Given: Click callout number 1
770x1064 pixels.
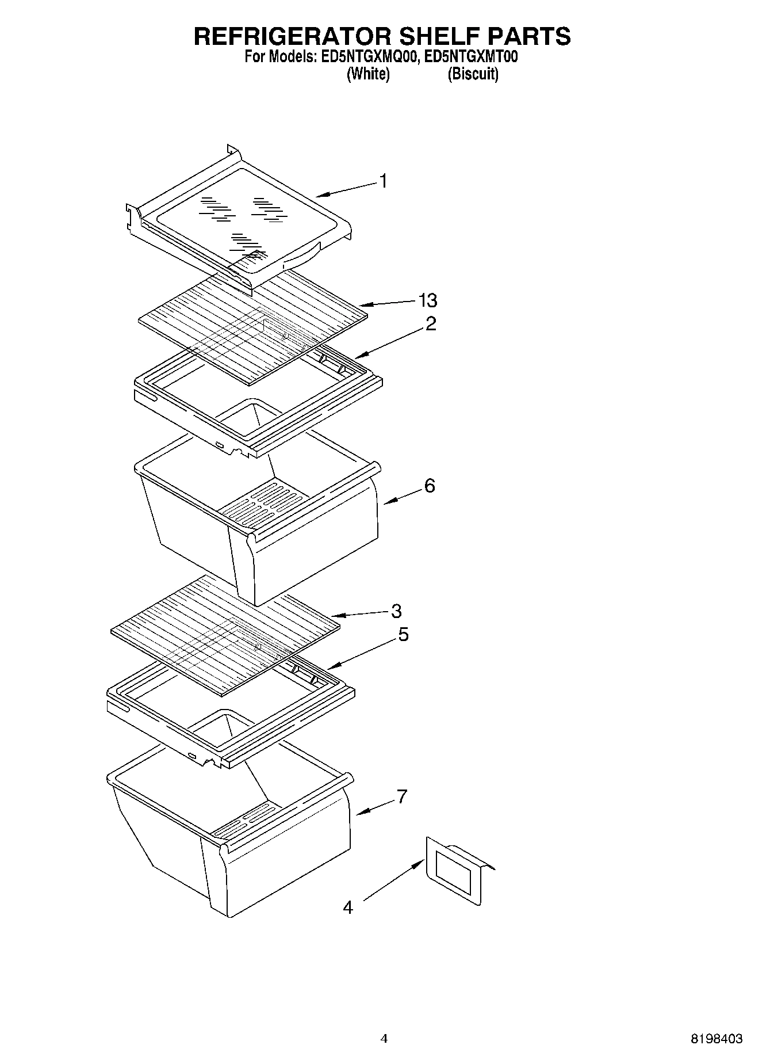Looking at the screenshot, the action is [383, 181].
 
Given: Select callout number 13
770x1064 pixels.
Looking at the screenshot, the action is [428, 300].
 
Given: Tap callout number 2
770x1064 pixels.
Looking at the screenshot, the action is [431, 323].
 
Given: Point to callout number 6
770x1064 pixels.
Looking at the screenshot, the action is [430, 486].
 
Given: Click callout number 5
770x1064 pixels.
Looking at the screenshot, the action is [403, 635].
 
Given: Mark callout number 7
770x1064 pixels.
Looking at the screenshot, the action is [401, 796].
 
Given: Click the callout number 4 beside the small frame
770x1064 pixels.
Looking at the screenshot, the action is [347, 907].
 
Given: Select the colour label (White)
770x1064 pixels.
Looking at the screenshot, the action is [368, 74].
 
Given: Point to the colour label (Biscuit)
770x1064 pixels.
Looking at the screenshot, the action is [473, 74].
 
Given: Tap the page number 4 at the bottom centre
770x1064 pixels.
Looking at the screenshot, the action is [384, 1039].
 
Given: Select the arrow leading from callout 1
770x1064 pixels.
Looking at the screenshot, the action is [346, 189].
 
